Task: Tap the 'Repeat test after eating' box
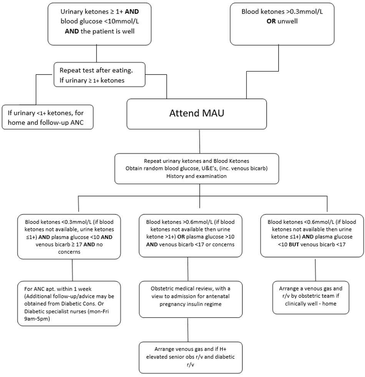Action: tap(100, 74)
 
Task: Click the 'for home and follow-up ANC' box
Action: tap(48, 117)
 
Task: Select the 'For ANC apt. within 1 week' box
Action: tap(69, 304)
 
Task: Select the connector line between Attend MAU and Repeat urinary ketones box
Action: tap(199, 141)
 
